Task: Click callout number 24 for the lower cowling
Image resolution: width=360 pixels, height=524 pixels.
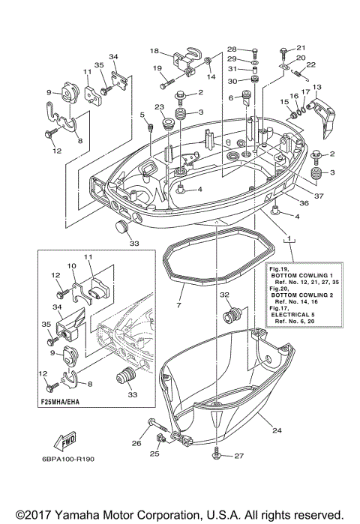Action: (277, 430)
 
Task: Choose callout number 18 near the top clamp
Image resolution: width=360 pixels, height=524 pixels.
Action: (154, 51)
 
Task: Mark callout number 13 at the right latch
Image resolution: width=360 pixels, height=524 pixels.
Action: (316, 87)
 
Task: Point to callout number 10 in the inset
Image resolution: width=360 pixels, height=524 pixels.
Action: (72, 266)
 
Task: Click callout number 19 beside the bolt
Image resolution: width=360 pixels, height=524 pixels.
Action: (158, 69)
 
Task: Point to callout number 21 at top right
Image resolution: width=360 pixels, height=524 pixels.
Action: (301, 47)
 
